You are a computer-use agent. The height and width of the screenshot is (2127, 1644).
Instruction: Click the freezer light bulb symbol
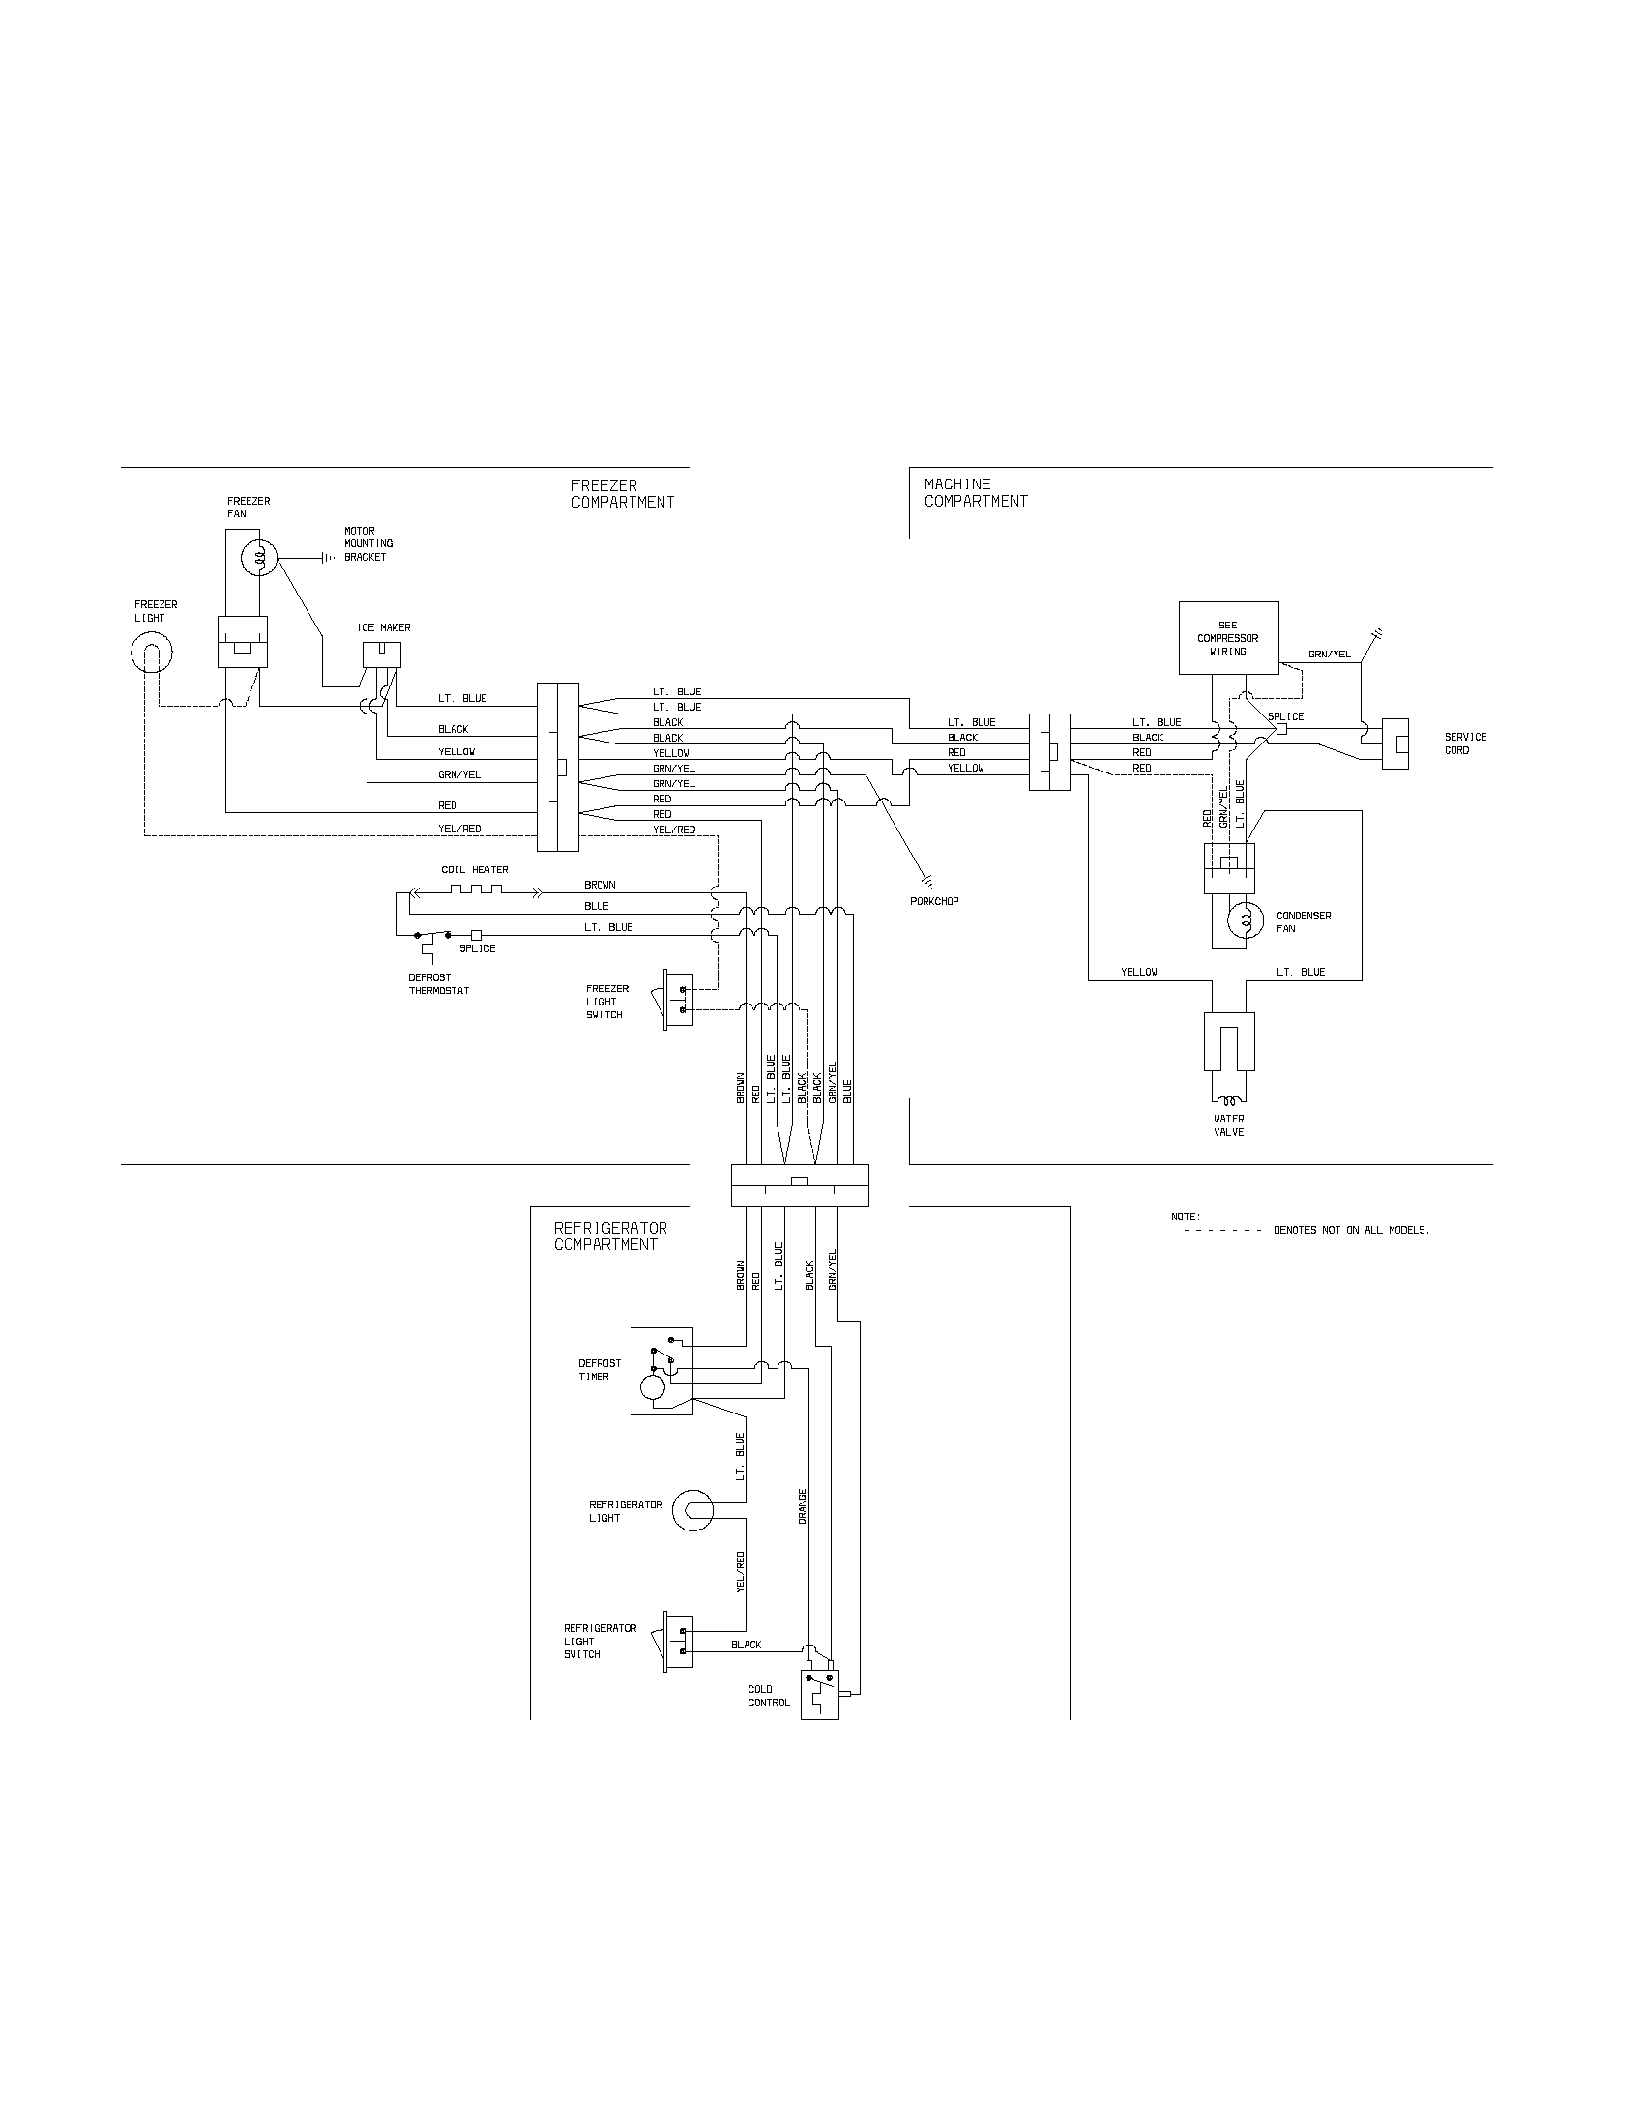click(x=151, y=653)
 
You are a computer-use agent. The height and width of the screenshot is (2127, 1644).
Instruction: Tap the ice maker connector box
click(x=381, y=655)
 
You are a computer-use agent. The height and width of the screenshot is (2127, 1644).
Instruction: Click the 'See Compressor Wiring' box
click(x=1227, y=638)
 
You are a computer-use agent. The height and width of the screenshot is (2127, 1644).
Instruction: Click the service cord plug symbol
click(x=1394, y=744)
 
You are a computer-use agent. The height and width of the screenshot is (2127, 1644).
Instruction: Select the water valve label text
click(x=1228, y=1124)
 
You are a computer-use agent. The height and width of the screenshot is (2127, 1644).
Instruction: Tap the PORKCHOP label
click(x=934, y=901)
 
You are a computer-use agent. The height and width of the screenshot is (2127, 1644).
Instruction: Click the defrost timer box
click(x=661, y=1370)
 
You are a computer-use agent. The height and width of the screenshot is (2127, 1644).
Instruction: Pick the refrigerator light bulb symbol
click(x=693, y=1510)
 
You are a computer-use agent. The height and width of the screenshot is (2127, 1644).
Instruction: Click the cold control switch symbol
click(x=819, y=1693)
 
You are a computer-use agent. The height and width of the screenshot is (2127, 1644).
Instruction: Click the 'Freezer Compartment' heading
click(x=623, y=494)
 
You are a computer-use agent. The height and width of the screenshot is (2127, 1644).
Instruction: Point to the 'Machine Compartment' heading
click(x=975, y=492)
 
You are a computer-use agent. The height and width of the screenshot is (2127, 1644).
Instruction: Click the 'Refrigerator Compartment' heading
click(x=609, y=1236)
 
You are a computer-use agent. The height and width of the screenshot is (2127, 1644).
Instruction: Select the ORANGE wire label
click(x=803, y=1505)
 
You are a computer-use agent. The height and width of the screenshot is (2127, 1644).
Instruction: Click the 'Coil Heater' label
click(x=474, y=870)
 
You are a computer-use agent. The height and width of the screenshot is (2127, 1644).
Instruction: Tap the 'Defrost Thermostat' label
click(x=438, y=983)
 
